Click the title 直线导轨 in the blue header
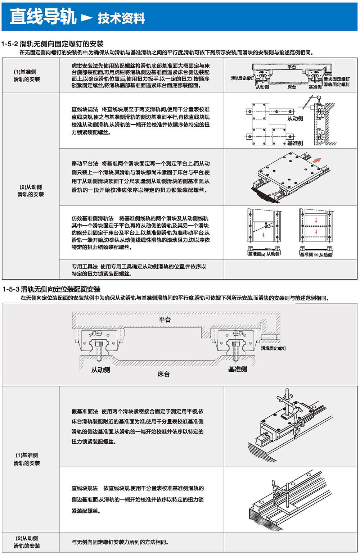(43, 17)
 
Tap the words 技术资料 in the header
(121, 18)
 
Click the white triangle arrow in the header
(87, 17)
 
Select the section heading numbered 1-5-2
(53, 44)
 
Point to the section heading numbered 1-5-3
(51, 289)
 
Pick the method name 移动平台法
(85, 163)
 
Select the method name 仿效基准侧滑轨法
(93, 218)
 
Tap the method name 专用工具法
(85, 267)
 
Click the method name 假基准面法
(85, 411)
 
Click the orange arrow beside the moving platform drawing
(316, 159)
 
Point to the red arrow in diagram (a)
(264, 235)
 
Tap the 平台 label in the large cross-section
(165, 320)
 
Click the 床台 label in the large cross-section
(163, 374)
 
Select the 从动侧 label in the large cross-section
(100, 370)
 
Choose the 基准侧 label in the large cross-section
(238, 369)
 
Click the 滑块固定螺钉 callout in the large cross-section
(274, 348)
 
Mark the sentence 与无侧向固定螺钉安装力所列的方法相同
(120, 542)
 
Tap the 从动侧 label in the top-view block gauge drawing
(295, 118)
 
